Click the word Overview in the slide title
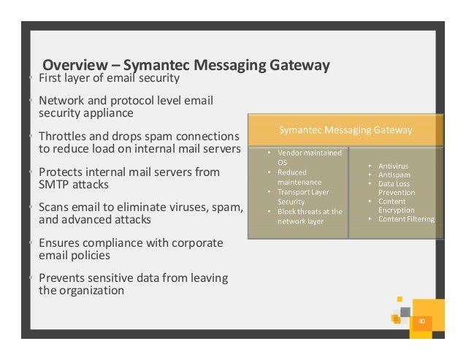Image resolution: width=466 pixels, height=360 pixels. tap(75, 65)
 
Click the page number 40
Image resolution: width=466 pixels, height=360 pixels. tap(421, 321)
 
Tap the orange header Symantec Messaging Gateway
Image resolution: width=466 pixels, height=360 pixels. tap(345, 130)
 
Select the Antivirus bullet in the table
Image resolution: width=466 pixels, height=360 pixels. tap(393, 166)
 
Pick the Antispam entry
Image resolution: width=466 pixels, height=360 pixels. tap(394, 175)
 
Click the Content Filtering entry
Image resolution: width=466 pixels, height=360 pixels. tap(406, 219)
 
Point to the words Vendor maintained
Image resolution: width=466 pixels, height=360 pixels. tap(310, 153)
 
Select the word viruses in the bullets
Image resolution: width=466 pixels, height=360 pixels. tap(188, 207)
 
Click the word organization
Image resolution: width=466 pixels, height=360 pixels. tap(92, 291)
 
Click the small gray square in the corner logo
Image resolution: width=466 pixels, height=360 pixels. tap(405, 313)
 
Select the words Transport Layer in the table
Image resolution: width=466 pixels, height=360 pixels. tap(303, 192)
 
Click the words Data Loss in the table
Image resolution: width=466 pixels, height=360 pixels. tap(394, 184)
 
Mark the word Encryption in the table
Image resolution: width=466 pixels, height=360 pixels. tap(397, 210)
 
